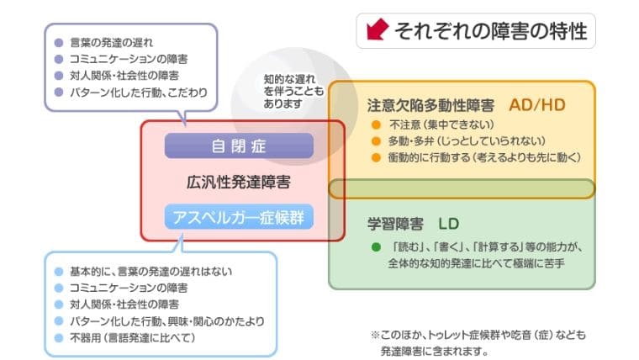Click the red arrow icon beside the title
(378, 29)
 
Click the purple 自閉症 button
(240, 146)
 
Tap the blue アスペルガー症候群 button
(240, 217)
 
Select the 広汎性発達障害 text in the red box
(239, 182)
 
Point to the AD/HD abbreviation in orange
(537, 105)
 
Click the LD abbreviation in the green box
(449, 224)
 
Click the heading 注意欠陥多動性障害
(430, 106)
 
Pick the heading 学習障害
(395, 224)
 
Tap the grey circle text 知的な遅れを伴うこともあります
(293, 92)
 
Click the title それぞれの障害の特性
(491, 31)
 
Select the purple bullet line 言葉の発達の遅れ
(111, 42)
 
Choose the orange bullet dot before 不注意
(376, 124)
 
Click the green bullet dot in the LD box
(376, 247)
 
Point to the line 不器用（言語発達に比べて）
(133, 337)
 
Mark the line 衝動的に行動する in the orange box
(484, 157)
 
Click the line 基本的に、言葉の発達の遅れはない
(151, 271)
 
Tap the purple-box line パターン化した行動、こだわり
(139, 93)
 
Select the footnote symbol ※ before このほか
(375, 335)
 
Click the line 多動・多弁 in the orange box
(467, 141)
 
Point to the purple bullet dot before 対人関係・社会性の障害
(59, 76)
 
